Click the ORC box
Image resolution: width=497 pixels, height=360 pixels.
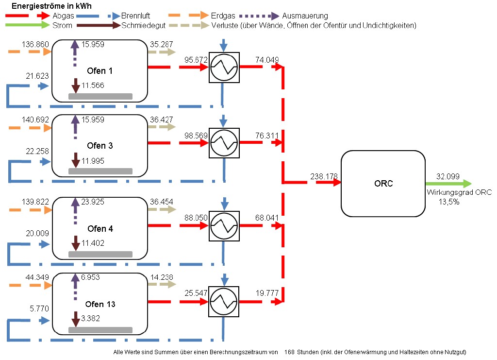[x=383, y=184]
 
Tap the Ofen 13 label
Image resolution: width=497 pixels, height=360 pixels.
[x=101, y=305]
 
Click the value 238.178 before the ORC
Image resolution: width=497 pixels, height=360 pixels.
[x=324, y=177]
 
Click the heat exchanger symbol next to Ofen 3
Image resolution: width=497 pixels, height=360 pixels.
[x=224, y=143]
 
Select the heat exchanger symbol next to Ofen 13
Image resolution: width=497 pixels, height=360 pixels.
[x=224, y=302]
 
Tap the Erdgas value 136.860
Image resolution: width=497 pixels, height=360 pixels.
[x=35, y=45]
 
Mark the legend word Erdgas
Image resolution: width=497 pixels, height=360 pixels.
[x=222, y=16]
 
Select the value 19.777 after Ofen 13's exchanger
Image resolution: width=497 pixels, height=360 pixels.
[x=267, y=294]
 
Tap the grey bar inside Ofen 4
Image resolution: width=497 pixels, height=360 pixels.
[x=100, y=254]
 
